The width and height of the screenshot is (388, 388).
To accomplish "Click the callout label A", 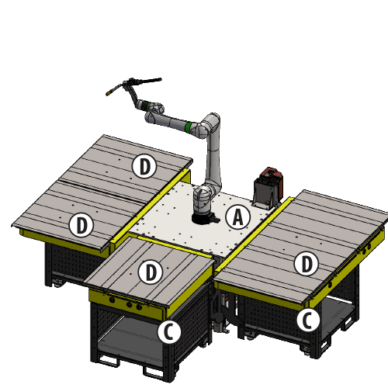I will tap(238, 218).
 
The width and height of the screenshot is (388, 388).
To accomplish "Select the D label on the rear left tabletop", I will tap(144, 165).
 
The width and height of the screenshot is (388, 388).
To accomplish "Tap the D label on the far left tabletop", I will tap(81, 226).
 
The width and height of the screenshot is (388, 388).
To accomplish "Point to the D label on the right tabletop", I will tap(307, 264).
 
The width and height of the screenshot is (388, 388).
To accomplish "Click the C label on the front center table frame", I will tap(168, 332).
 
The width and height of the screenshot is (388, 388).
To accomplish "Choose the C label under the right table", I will tap(307, 319).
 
